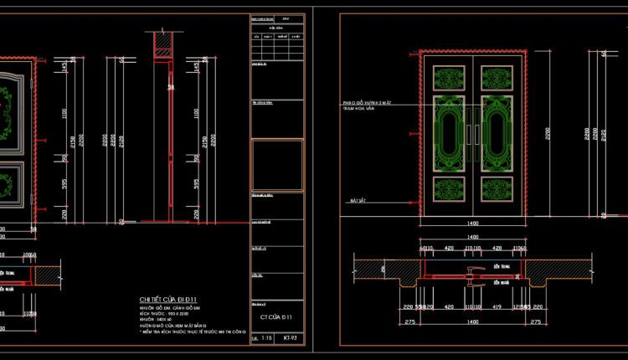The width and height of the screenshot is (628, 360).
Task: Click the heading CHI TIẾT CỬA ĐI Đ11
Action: pyautogui.click(x=168, y=298)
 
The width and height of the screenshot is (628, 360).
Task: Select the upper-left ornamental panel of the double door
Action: pyautogui.click(x=446, y=77)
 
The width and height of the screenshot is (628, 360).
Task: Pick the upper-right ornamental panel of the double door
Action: pyautogui.click(x=498, y=77)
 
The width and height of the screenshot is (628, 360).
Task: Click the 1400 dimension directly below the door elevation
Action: pyautogui.click(x=472, y=224)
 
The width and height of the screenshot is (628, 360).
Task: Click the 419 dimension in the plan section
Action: pyautogui.click(x=501, y=306)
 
